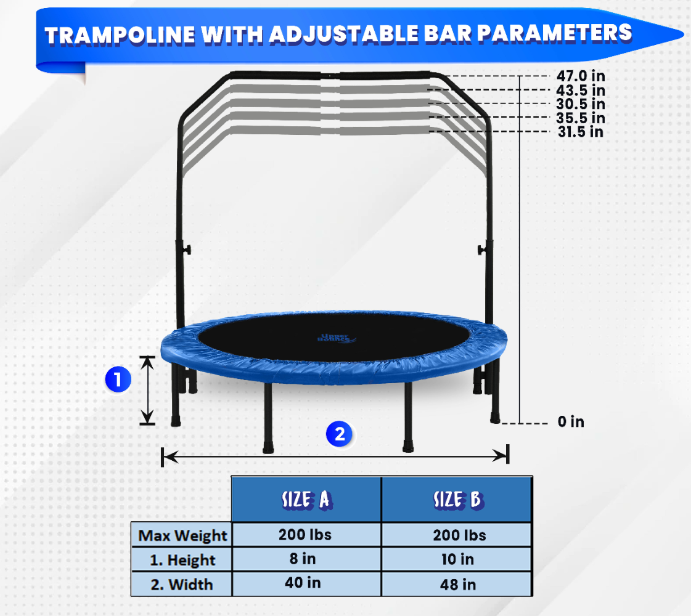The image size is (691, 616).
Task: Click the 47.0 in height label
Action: click(x=581, y=76)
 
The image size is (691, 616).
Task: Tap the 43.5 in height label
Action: click(x=581, y=91)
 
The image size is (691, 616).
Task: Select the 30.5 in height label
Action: click(x=581, y=104)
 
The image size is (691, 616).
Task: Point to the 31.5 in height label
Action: click(x=581, y=132)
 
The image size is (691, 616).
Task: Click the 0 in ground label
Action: click(x=571, y=421)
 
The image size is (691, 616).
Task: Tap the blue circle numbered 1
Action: click(x=118, y=379)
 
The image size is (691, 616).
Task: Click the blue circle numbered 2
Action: click(x=339, y=434)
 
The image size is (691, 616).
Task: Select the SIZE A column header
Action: click(x=307, y=500)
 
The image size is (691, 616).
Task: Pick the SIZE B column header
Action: click(x=459, y=500)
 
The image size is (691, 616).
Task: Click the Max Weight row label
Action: click(x=182, y=535)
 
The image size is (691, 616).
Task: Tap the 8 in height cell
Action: click(x=303, y=559)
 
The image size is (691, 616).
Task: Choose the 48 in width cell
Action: click(x=458, y=585)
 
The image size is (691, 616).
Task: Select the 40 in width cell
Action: click(x=303, y=583)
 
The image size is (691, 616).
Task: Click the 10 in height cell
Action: click(x=458, y=559)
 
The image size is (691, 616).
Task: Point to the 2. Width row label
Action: click(x=182, y=585)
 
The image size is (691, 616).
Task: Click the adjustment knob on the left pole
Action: click(x=187, y=250)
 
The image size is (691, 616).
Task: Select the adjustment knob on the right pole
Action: click(x=481, y=251)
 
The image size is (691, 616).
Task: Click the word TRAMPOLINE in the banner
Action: click(x=120, y=35)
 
